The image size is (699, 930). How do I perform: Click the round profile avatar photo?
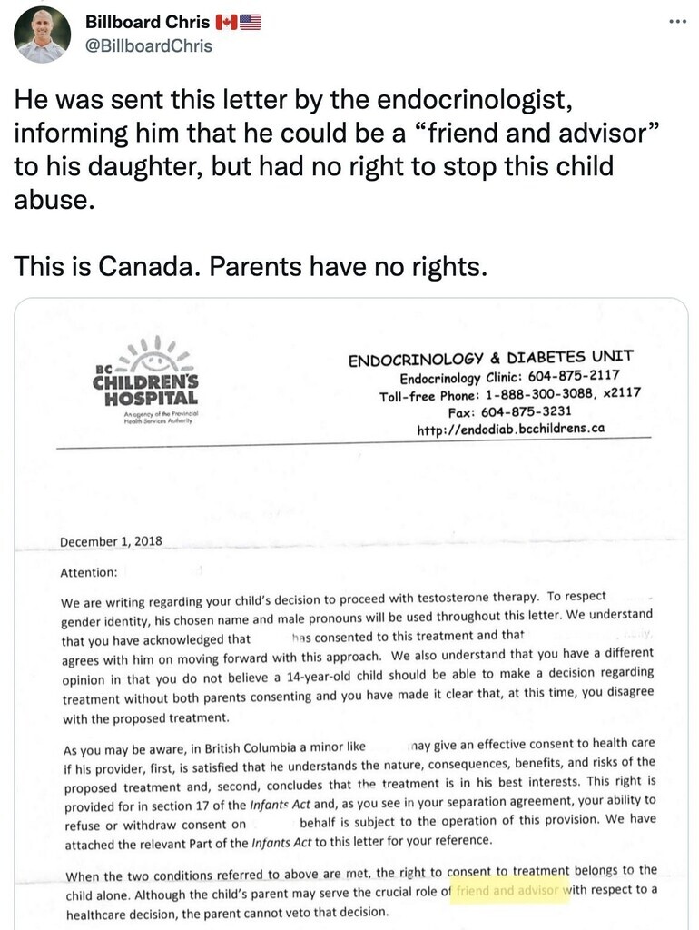[43, 34]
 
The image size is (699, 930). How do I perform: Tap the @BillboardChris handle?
[149, 45]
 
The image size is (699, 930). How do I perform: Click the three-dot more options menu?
[677, 21]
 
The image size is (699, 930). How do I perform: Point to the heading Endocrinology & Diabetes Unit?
[490, 358]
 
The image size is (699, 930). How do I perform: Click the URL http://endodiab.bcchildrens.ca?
[510, 429]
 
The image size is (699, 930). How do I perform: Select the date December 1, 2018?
[111, 541]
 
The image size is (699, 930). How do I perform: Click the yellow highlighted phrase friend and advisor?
[509, 890]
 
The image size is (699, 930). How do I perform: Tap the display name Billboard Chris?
[147, 22]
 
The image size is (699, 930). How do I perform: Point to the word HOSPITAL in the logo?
[150, 399]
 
